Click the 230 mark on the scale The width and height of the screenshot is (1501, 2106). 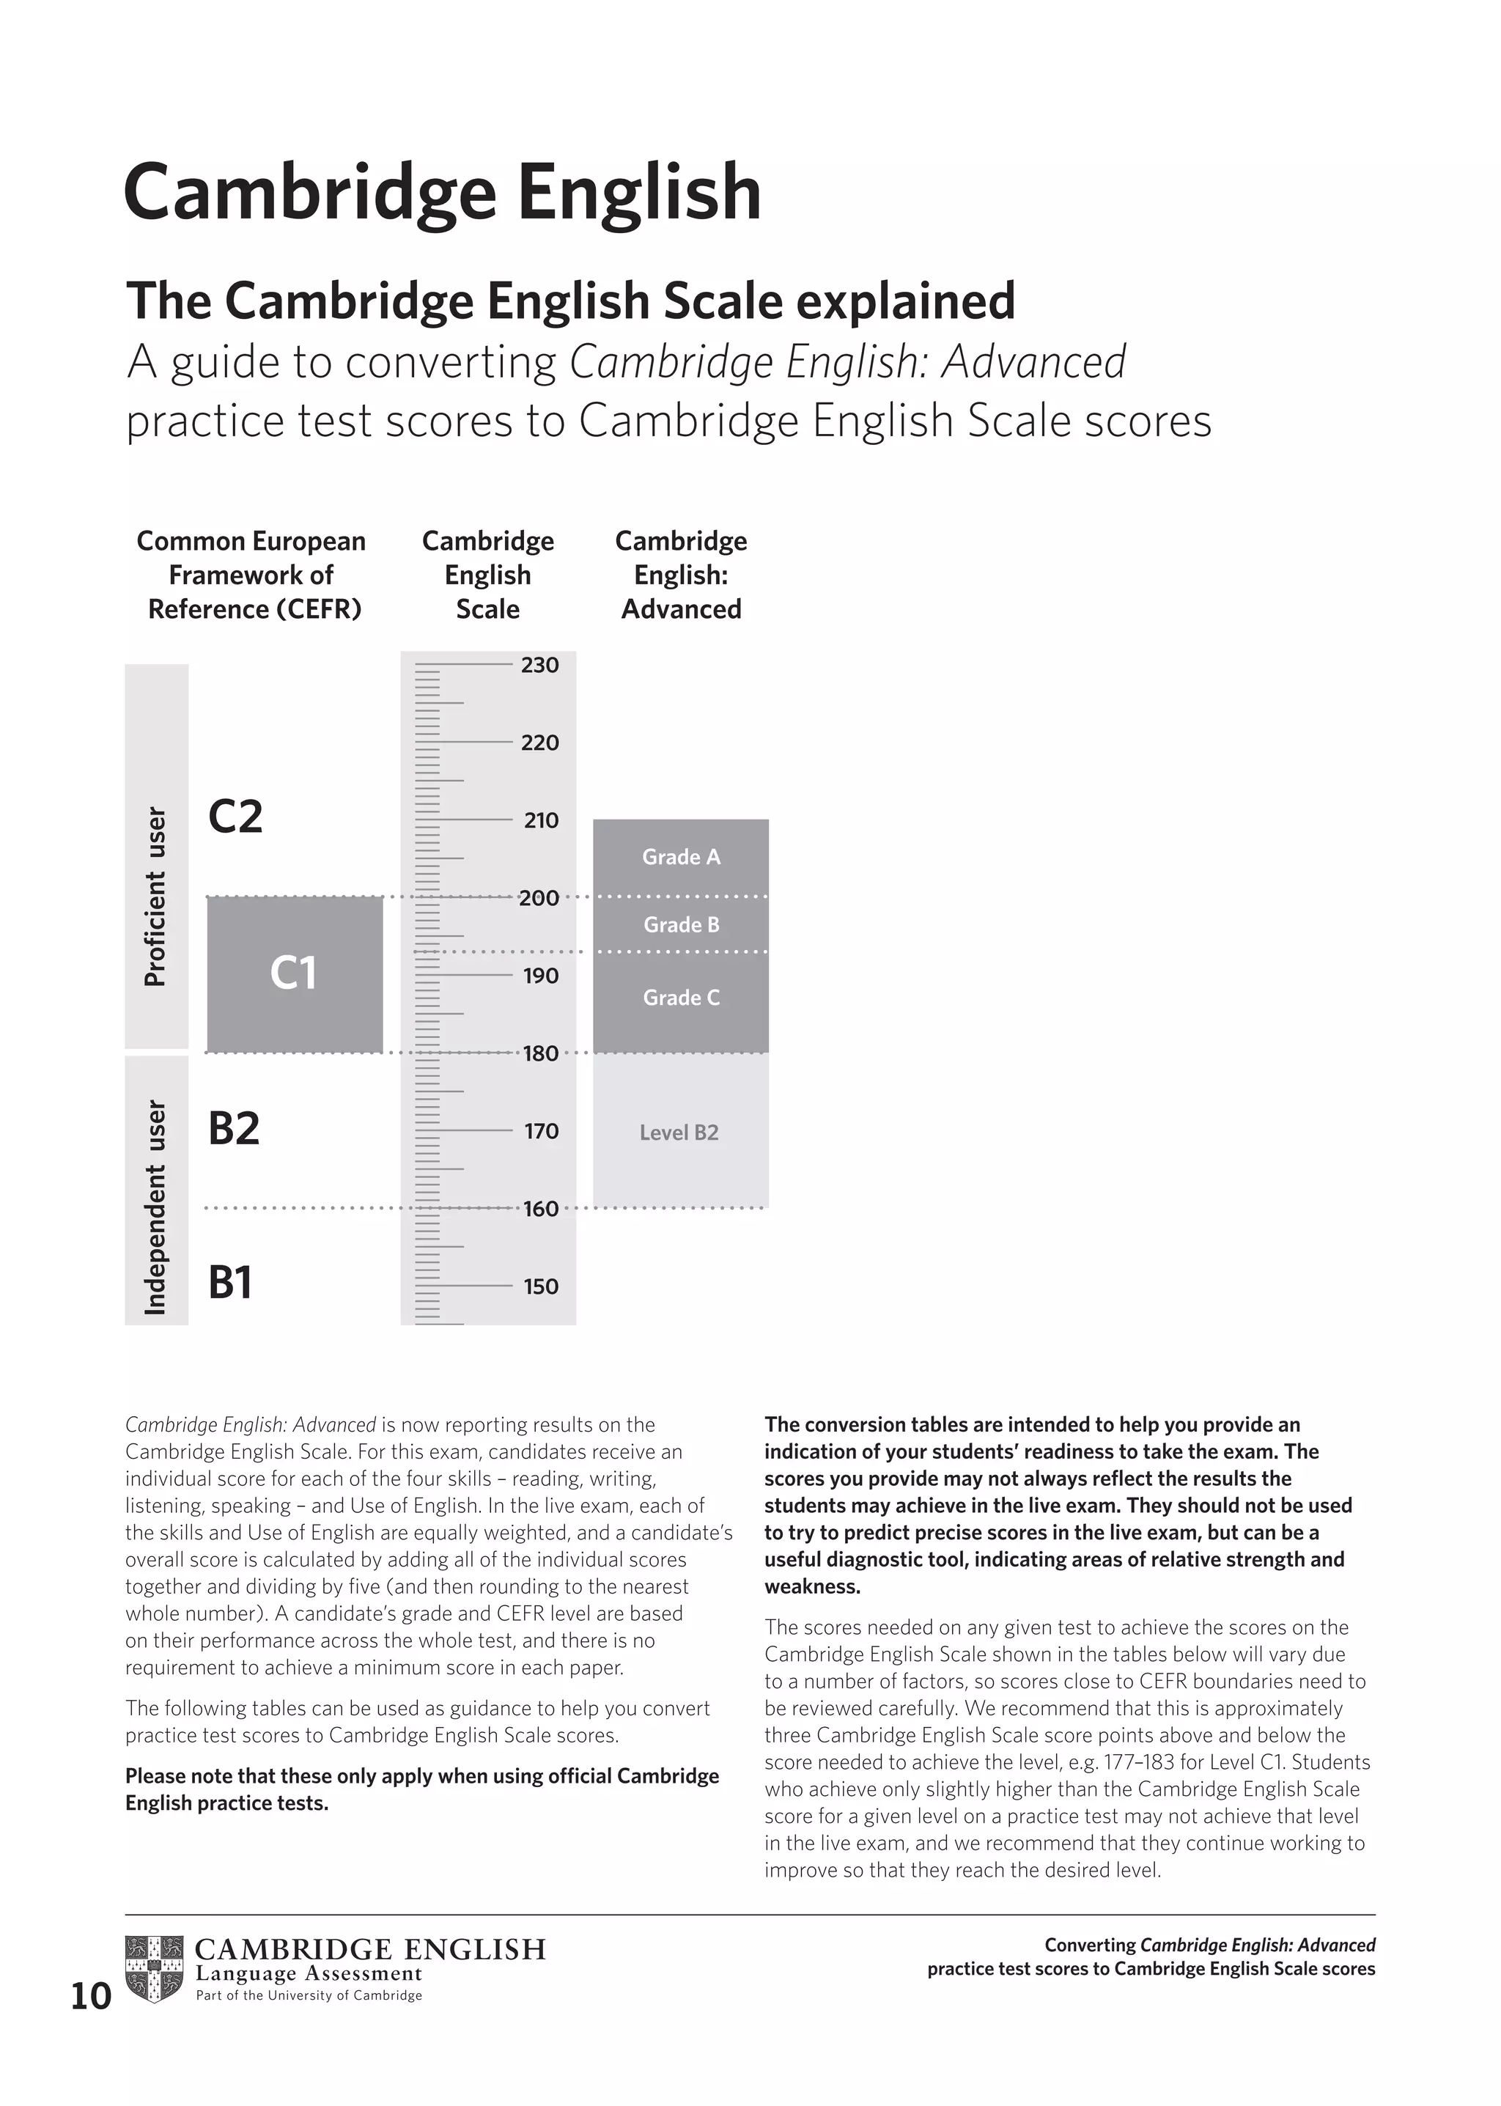[x=539, y=665]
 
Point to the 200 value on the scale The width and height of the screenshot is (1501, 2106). [x=539, y=898]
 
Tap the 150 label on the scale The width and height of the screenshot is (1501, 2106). [x=541, y=1286]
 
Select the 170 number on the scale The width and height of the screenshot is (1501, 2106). [x=541, y=1130]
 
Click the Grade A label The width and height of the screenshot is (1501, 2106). [x=681, y=857]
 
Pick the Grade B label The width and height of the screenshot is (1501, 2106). [x=681, y=924]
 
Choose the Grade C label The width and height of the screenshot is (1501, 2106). [x=681, y=998]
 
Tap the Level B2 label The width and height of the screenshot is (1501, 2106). [x=679, y=1133]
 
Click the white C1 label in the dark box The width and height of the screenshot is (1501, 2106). [x=294, y=973]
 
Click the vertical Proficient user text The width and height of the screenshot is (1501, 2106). [x=156, y=896]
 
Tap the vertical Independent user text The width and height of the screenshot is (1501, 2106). [x=156, y=1207]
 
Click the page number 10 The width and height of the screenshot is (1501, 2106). [x=91, y=1997]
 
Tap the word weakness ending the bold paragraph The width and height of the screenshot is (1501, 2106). [x=811, y=1586]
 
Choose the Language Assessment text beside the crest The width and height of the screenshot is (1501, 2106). [x=309, y=1974]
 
